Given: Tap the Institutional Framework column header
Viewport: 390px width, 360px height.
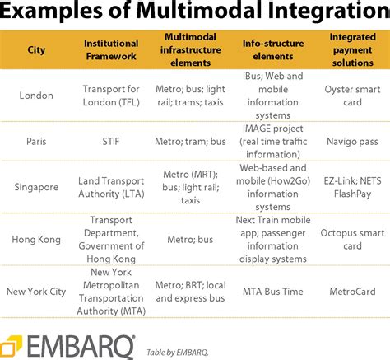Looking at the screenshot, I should (x=111, y=49).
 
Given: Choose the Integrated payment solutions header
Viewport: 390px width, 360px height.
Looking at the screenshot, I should (x=351, y=49).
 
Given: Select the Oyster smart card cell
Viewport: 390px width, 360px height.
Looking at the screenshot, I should (x=351, y=96).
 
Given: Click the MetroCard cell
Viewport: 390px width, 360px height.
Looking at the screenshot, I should (x=351, y=290).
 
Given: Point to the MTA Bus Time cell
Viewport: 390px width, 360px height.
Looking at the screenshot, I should (x=273, y=290).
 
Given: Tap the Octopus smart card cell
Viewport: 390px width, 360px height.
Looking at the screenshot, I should (x=351, y=239).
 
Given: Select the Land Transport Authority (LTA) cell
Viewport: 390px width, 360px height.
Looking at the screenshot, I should (x=111, y=186).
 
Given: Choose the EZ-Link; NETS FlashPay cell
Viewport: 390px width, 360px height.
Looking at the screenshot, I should (x=351, y=186).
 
